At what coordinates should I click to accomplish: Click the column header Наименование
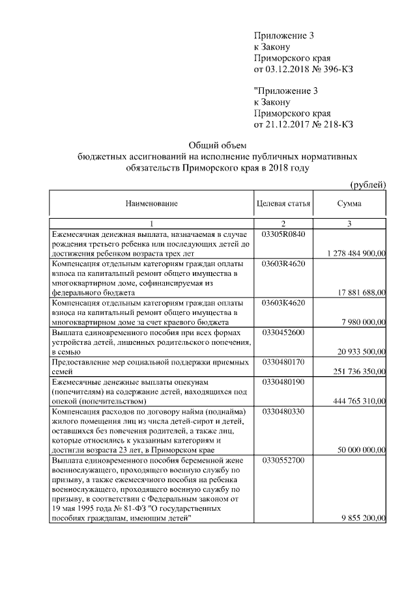click(x=151, y=204)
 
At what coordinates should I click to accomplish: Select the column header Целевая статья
click(x=283, y=204)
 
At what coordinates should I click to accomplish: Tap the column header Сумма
click(x=349, y=204)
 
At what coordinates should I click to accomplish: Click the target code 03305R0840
click(x=283, y=234)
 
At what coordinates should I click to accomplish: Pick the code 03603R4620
click(x=283, y=264)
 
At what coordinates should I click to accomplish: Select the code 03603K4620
click(x=283, y=303)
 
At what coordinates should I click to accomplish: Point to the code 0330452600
click(x=283, y=333)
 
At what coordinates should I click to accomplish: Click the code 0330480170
click(x=283, y=361)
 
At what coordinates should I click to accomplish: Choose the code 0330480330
click(x=283, y=411)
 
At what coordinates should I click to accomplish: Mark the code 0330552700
click(x=283, y=460)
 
